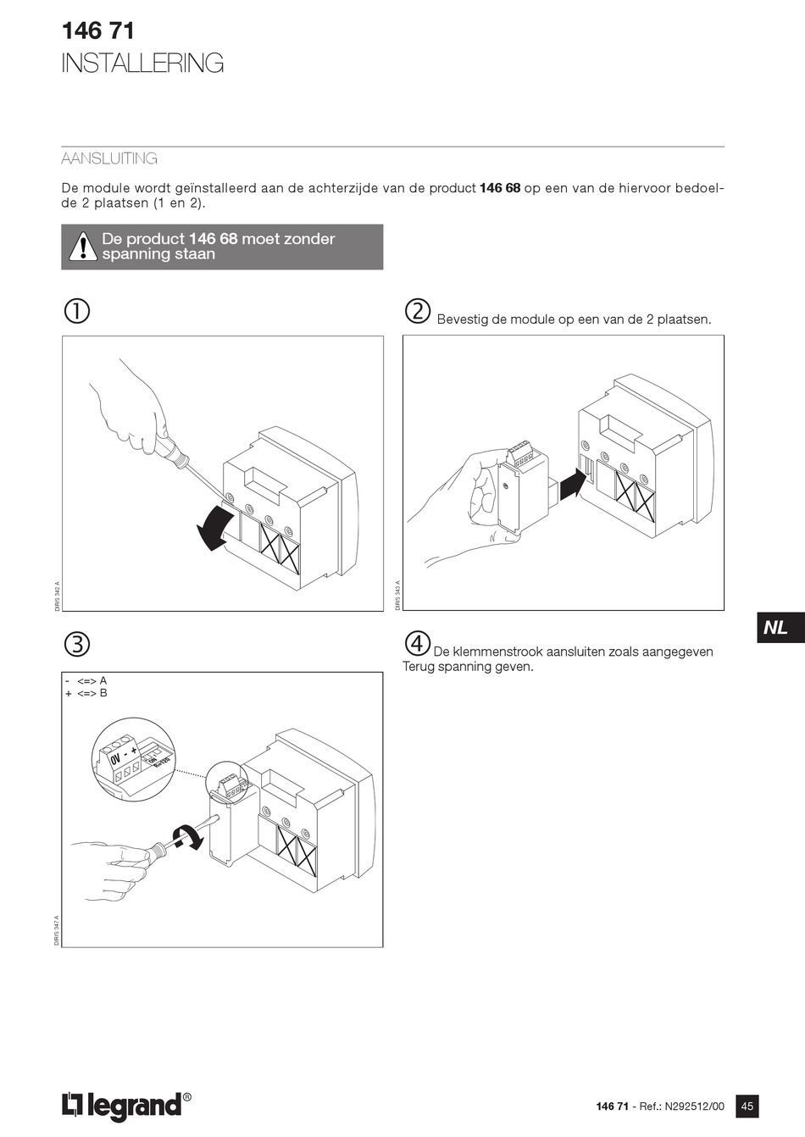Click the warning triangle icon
83,246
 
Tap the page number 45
747,1106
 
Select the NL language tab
776,628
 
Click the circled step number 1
76,311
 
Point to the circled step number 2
418,311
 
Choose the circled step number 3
76,645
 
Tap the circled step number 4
417,644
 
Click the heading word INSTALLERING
142,64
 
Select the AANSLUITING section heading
109,158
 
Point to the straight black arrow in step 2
574,485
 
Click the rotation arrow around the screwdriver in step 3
188,836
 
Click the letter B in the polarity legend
103,693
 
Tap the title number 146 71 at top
97,31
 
